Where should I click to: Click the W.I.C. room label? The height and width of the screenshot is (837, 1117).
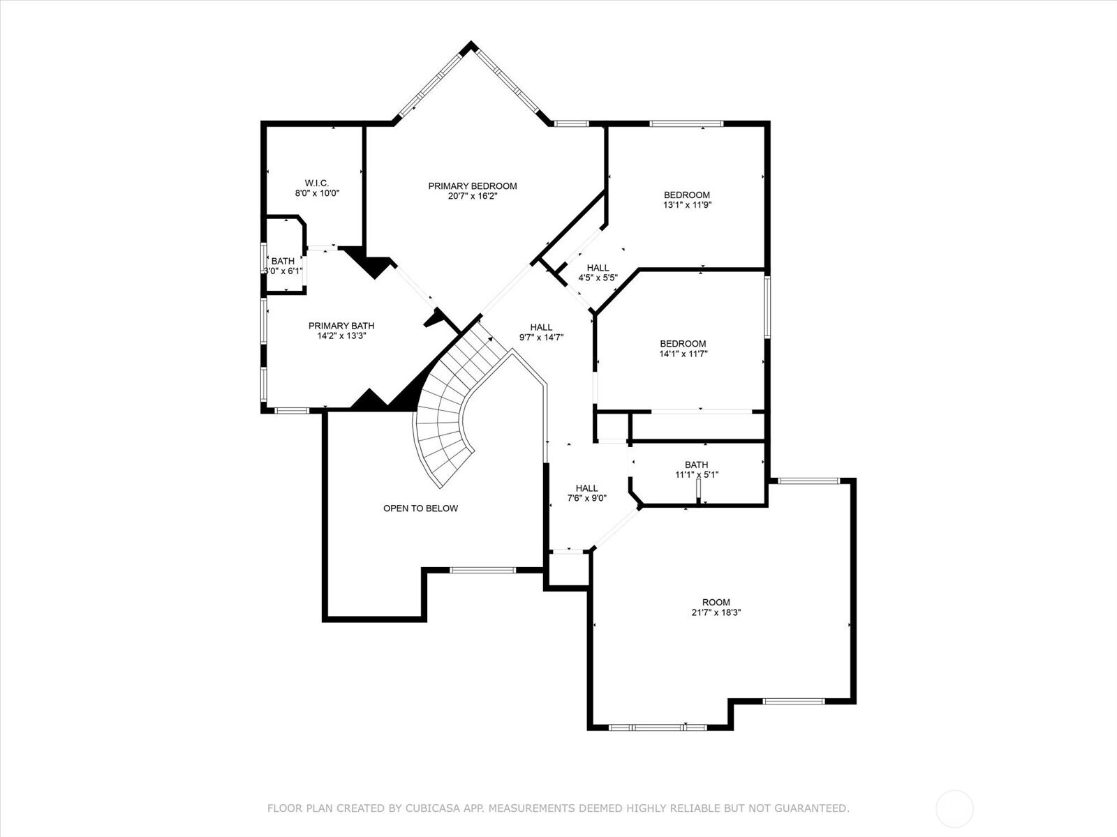point(316,183)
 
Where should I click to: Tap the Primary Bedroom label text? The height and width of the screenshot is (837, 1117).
point(472,186)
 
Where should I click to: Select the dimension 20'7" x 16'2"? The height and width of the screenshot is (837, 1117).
point(472,196)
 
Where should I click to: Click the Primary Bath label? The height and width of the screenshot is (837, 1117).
point(341,326)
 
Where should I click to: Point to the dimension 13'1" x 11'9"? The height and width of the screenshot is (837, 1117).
point(687,205)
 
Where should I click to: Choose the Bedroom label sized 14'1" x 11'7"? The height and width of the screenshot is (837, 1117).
point(683,344)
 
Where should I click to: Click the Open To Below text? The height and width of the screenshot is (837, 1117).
point(420,508)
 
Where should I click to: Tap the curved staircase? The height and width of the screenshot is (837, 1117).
point(447,412)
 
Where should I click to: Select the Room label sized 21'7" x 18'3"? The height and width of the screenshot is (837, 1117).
point(716,603)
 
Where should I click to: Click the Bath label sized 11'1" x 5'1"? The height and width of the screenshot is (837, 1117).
point(696,465)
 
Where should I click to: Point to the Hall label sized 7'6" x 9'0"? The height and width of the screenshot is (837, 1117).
point(586,488)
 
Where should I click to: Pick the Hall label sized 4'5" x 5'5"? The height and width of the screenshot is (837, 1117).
point(598,268)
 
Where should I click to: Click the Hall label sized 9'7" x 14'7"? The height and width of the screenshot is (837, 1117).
point(541,327)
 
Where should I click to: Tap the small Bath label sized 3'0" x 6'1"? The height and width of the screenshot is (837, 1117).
point(283,262)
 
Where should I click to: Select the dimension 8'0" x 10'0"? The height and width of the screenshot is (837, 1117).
point(317,193)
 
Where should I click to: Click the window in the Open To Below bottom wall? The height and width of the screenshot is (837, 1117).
point(483,571)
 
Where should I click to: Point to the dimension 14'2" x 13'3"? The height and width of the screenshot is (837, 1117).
point(341,335)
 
